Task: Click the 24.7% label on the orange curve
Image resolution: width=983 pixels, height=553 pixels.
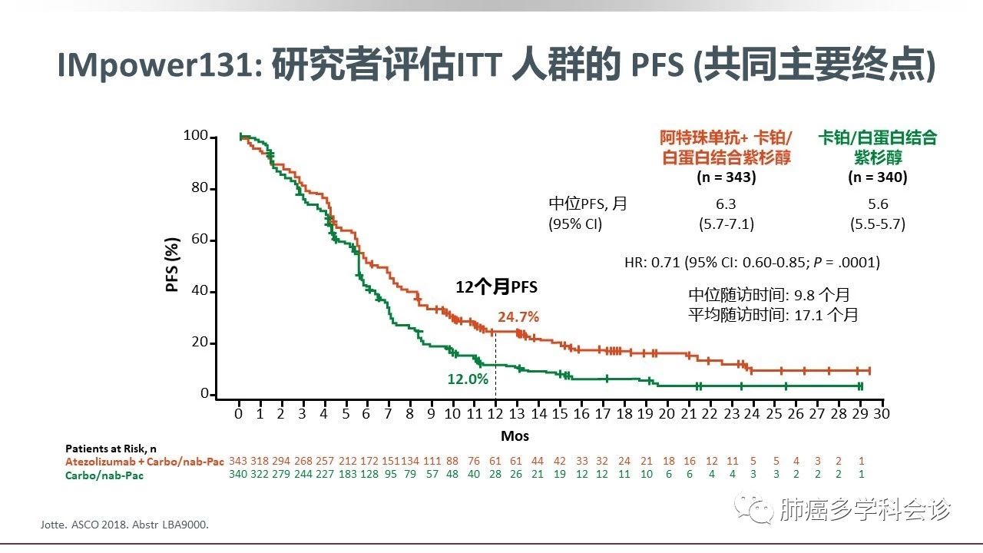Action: (x=518, y=316)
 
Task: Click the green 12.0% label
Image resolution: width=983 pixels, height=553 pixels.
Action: (x=468, y=379)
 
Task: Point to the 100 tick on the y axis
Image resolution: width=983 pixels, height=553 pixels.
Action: (x=195, y=137)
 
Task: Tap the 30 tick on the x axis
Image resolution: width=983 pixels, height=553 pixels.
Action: (x=882, y=413)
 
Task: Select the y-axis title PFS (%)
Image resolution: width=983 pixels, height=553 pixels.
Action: (x=174, y=265)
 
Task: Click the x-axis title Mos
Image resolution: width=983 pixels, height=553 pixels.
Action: (x=515, y=435)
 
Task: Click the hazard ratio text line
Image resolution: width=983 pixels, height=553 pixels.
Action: (x=752, y=262)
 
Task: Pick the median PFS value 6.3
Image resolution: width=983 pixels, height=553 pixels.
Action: (x=725, y=204)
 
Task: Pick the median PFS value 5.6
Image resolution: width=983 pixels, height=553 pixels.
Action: (x=878, y=204)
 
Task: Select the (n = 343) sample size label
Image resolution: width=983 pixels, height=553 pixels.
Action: (x=726, y=177)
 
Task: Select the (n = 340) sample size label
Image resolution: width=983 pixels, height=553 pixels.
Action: (x=878, y=177)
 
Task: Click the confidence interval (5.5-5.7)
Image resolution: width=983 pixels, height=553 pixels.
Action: (x=878, y=224)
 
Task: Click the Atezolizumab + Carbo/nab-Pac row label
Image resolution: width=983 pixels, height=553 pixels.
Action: (x=145, y=462)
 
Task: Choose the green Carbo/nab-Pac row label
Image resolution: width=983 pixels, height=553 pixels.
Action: (x=104, y=475)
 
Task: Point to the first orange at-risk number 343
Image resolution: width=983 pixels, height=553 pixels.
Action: (x=239, y=461)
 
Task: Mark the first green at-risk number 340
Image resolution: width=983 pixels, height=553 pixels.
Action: (x=239, y=474)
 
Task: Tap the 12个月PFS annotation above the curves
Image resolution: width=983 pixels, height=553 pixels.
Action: (x=497, y=287)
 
